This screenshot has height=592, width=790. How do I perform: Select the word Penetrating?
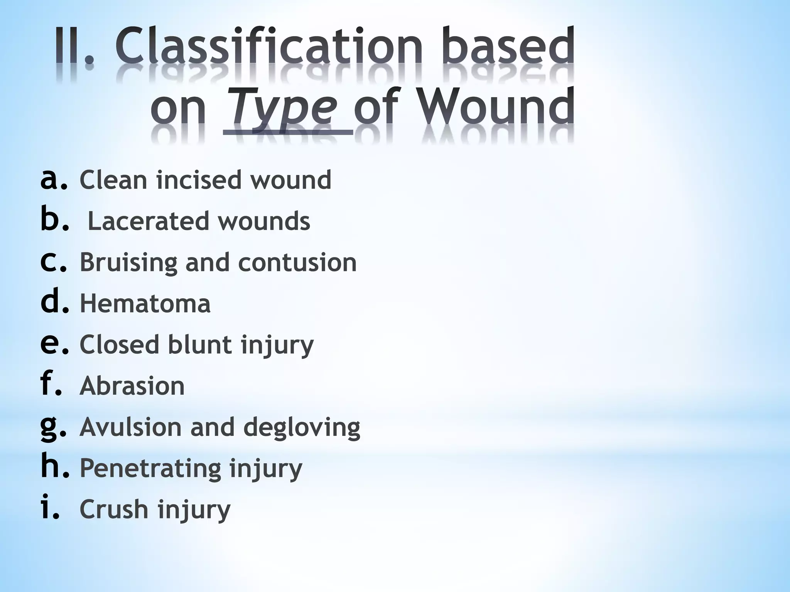pos(150,469)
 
